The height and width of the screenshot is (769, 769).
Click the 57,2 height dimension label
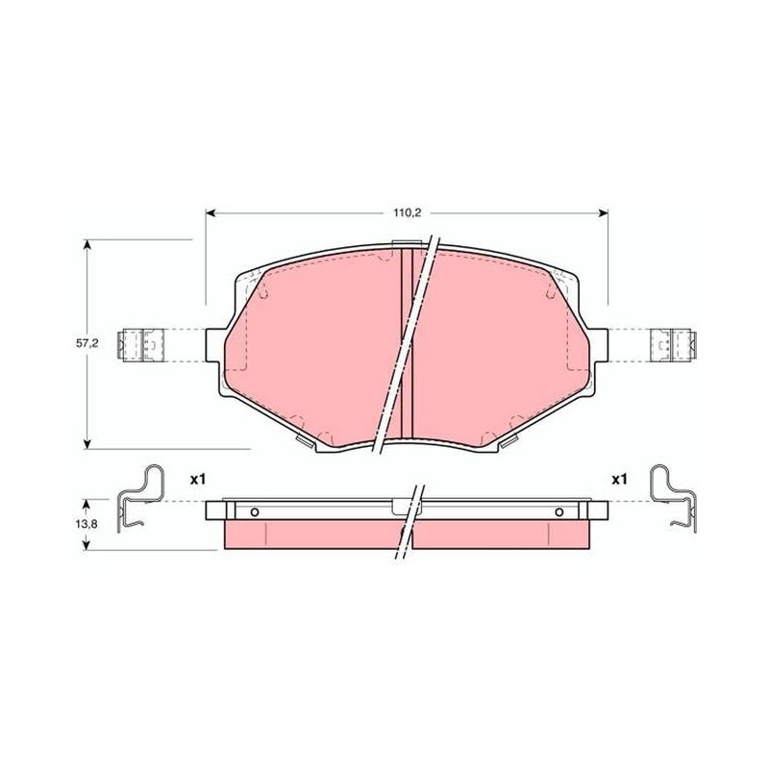coord(87,343)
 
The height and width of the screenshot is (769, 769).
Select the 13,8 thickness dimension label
coord(87,524)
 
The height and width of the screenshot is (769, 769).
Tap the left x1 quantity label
coord(198,480)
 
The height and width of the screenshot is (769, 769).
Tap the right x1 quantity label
coord(619,479)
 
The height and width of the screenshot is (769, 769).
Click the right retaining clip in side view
coord(674,498)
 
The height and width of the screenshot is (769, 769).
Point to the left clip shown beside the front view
coord(140,345)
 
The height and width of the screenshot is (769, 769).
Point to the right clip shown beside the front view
coord(674,345)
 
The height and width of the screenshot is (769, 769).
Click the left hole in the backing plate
coord(254,512)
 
